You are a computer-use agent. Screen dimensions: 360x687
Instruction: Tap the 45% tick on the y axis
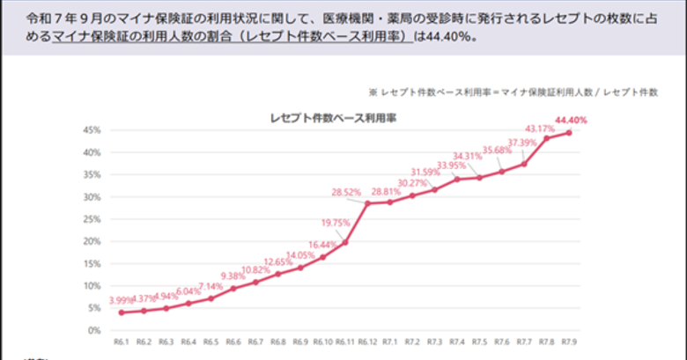click(x=90, y=129)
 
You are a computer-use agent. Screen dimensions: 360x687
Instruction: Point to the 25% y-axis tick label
click(x=90, y=219)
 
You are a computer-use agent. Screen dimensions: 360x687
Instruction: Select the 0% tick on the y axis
click(x=92, y=330)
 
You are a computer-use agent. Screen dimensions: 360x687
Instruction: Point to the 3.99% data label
click(x=123, y=300)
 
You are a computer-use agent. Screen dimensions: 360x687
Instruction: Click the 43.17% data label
click(x=539, y=129)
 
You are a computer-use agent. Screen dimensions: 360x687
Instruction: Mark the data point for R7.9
click(x=569, y=133)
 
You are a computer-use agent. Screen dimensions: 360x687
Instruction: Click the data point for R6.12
click(x=367, y=203)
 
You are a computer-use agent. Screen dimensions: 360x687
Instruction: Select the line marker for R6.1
click(x=121, y=312)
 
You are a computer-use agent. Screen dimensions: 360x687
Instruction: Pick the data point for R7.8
click(x=547, y=138)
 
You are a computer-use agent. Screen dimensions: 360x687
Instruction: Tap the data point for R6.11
click(x=345, y=242)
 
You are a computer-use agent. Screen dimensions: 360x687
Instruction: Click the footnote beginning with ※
click(x=513, y=91)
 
